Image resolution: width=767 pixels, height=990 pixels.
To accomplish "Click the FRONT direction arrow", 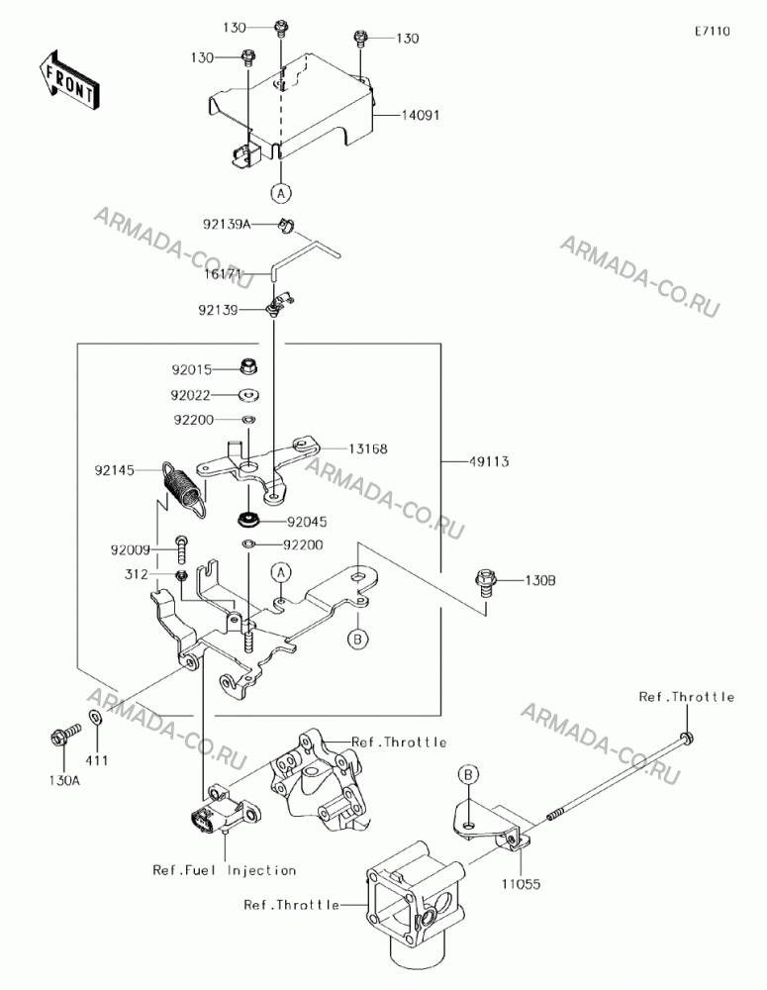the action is tap(67, 80).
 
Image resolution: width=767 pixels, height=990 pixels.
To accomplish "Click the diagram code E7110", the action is tap(713, 31).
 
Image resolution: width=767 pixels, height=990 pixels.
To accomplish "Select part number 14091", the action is tap(421, 116).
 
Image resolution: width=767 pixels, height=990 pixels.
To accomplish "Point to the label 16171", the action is tap(223, 274).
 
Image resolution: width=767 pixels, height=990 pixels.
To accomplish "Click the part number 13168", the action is tap(368, 448).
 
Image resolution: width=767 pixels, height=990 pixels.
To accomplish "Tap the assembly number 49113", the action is tap(489, 461).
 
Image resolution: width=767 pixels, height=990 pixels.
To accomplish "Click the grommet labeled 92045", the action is tap(248, 521).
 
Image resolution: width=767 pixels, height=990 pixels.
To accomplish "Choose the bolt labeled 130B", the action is tap(485, 581).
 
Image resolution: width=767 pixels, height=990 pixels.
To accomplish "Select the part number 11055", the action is tap(522, 884).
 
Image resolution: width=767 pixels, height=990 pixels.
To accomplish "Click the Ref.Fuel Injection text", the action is tap(224, 870).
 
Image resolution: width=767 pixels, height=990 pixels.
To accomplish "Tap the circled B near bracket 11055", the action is tap(470, 774).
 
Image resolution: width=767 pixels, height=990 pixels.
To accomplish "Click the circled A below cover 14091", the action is tap(281, 193).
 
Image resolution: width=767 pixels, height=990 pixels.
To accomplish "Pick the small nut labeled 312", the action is tap(180, 575).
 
